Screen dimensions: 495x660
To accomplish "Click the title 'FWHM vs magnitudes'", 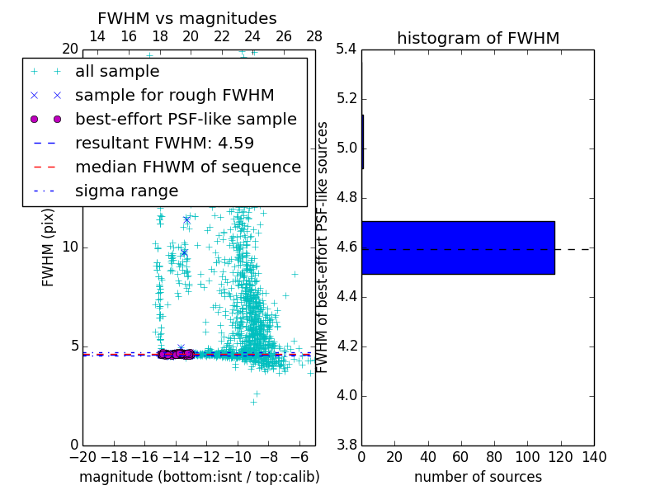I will point(187,18).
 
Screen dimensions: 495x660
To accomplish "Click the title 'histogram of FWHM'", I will point(478,38).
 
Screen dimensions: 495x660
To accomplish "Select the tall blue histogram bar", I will point(458,247).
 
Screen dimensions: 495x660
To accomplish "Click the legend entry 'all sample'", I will point(117,72).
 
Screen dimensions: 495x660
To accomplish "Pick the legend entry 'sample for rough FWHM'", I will point(174,95).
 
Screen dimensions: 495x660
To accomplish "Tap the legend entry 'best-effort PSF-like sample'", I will point(186,119).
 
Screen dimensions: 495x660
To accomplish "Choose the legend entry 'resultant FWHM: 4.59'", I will point(164,143).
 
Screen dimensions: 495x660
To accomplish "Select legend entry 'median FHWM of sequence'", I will point(187,167).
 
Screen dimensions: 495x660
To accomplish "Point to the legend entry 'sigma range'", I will point(126,191).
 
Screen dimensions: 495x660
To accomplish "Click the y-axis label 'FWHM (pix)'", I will point(49,247).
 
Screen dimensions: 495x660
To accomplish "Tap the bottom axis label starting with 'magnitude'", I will point(199,477).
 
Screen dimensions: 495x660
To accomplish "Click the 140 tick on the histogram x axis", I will point(594,457).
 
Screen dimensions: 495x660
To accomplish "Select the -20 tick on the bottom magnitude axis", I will point(82,457).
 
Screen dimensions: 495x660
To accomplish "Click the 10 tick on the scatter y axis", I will point(69,247).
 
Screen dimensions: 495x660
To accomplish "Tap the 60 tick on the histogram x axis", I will point(461,457).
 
